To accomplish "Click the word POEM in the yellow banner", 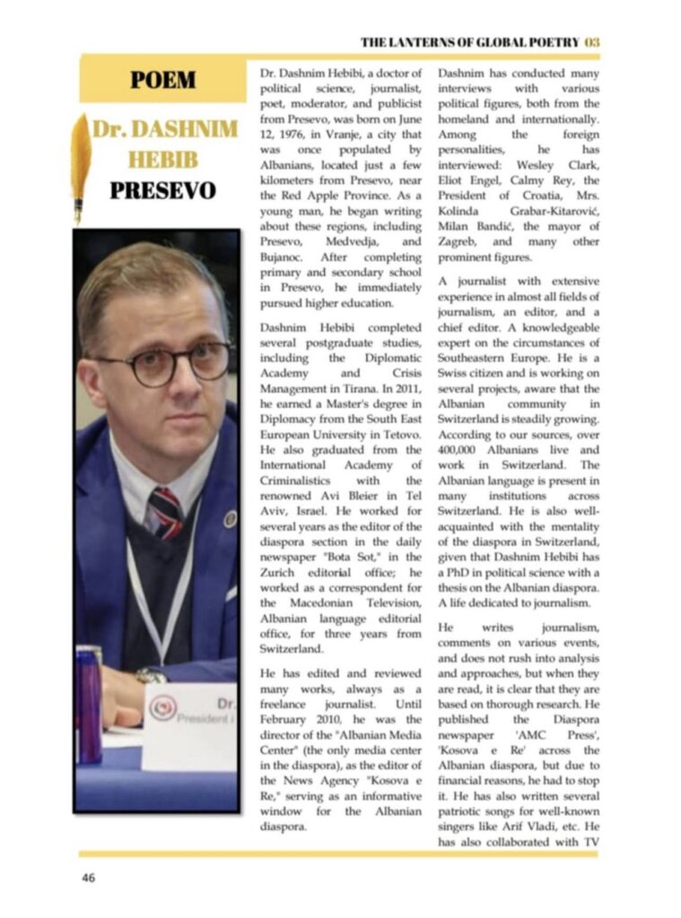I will pos(162,80).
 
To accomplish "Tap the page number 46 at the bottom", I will pos(88,878).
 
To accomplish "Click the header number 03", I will pos(591,42).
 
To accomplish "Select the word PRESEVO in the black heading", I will pos(162,191).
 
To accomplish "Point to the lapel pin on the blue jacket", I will pos(231,518).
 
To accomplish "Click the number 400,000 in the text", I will pos(463,449).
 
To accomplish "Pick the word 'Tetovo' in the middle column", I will pos(398,434).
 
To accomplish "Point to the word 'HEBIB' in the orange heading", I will pos(162,160).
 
